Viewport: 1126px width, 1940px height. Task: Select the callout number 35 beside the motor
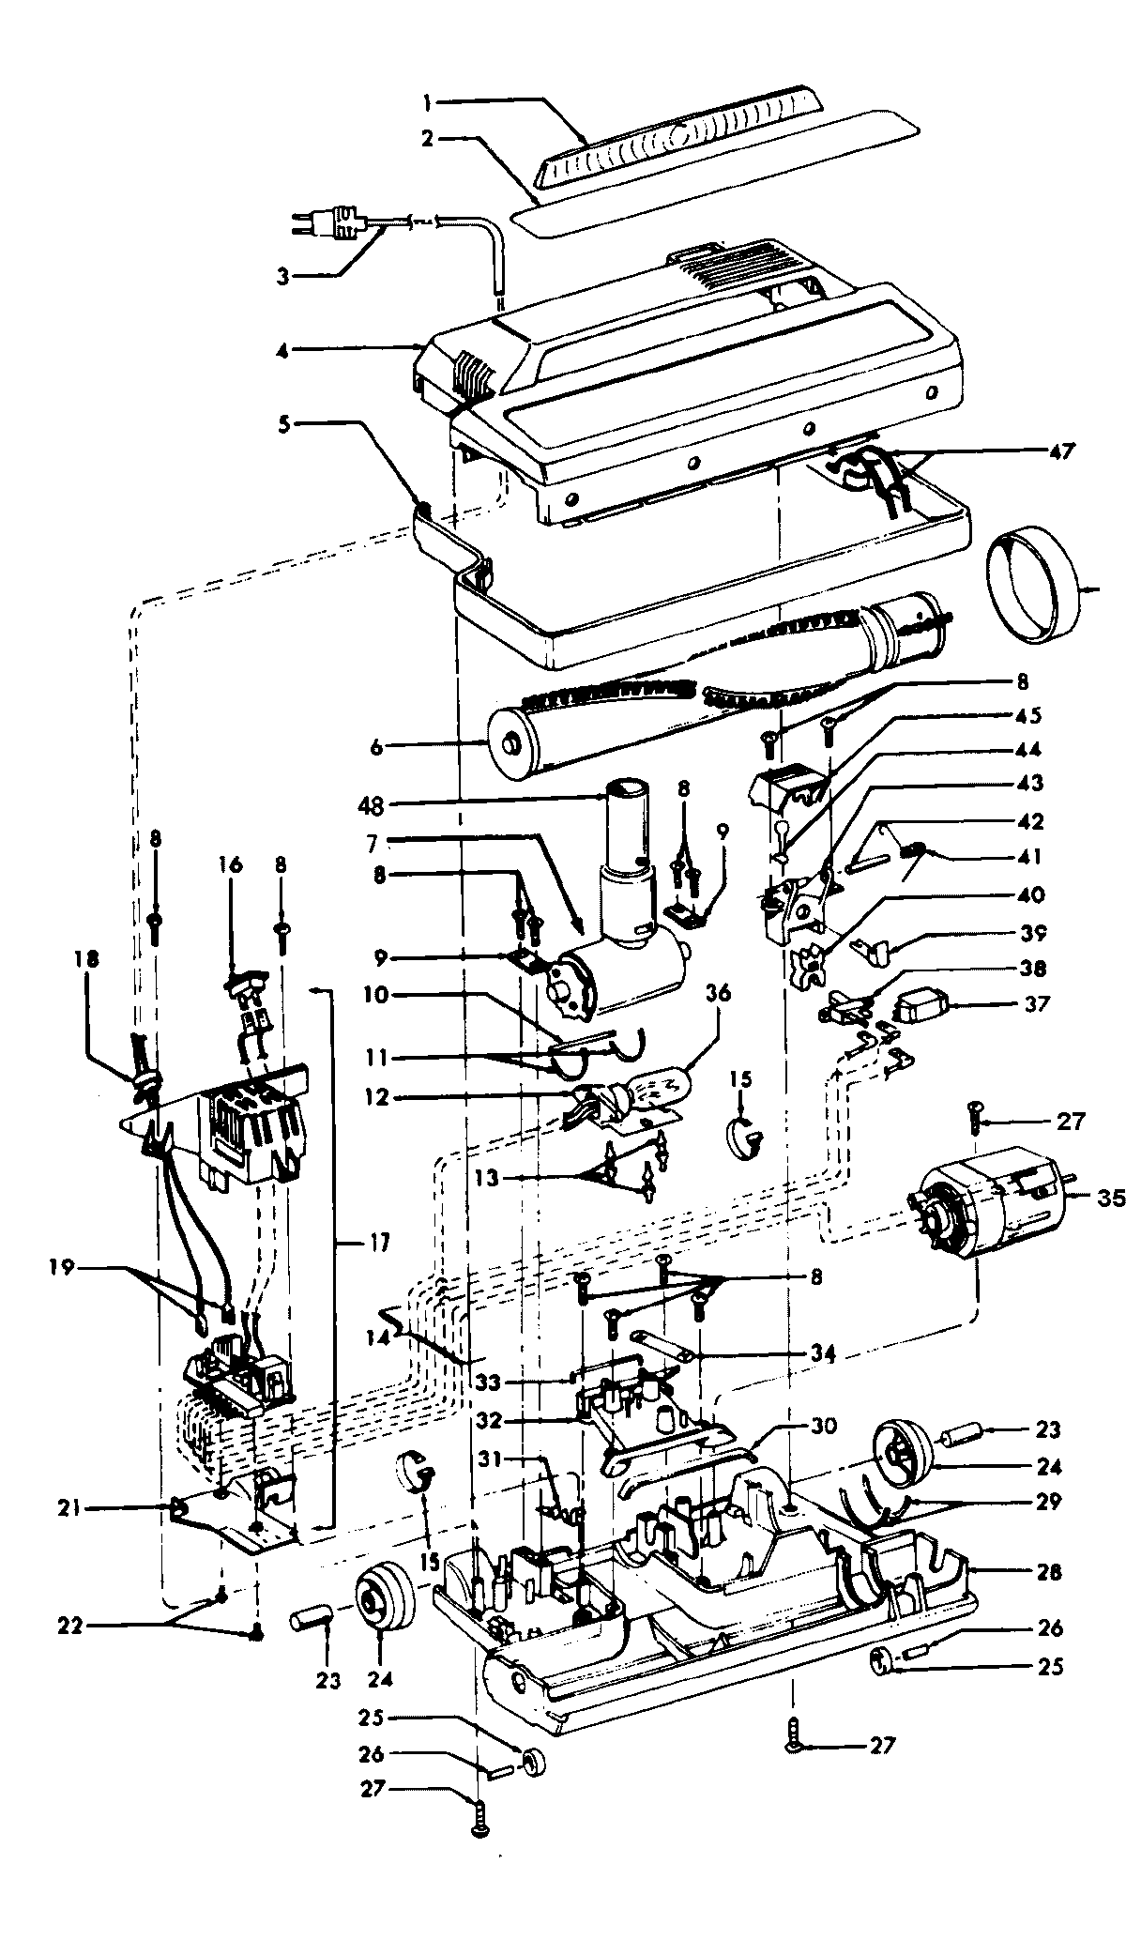pyautogui.click(x=1110, y=1197)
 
